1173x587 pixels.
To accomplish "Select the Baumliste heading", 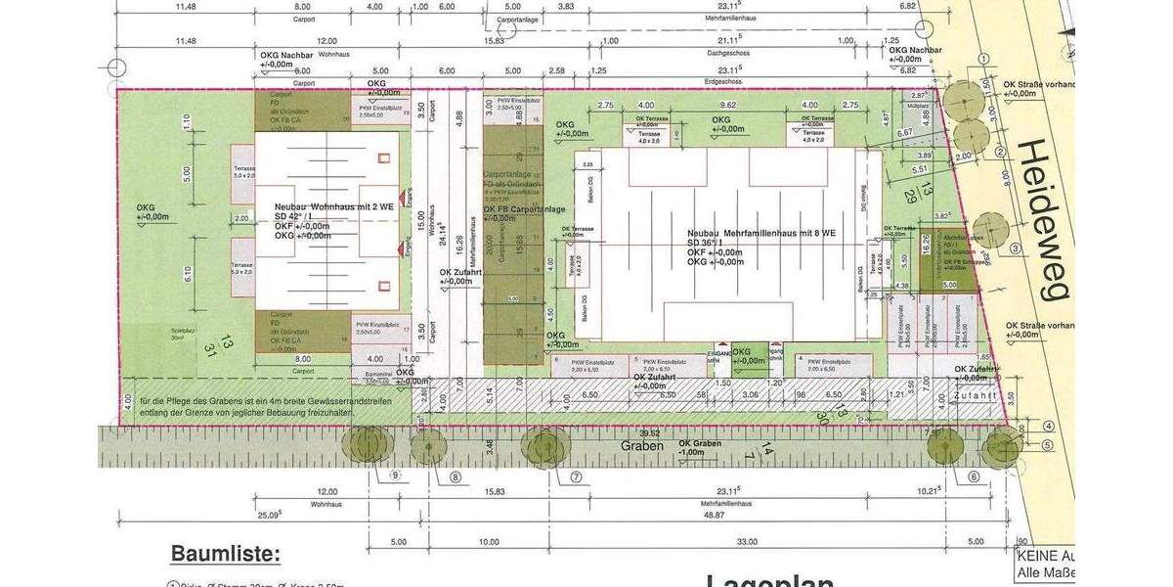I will pyautogui.click(x=225, y=554).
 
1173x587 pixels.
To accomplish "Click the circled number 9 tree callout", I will pyautogui.click(x=396, y=476).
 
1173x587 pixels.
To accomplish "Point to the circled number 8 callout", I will pyautogui.click(x=456, y=477).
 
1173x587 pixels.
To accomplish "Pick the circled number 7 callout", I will pyautogui.click(x=576, y=477).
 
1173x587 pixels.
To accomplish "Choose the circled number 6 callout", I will pyautogui.click(x=974, y=476).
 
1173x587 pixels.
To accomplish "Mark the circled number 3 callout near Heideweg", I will pyautogui.click(x=1016, y=248).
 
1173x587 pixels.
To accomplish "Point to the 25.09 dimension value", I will pyautogui.click(x=270, y=515).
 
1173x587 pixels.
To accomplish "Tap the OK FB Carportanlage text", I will pyautogui.click(x=524, y=208).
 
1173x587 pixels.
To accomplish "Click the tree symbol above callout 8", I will pyautogui.click(x=428, y=447).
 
